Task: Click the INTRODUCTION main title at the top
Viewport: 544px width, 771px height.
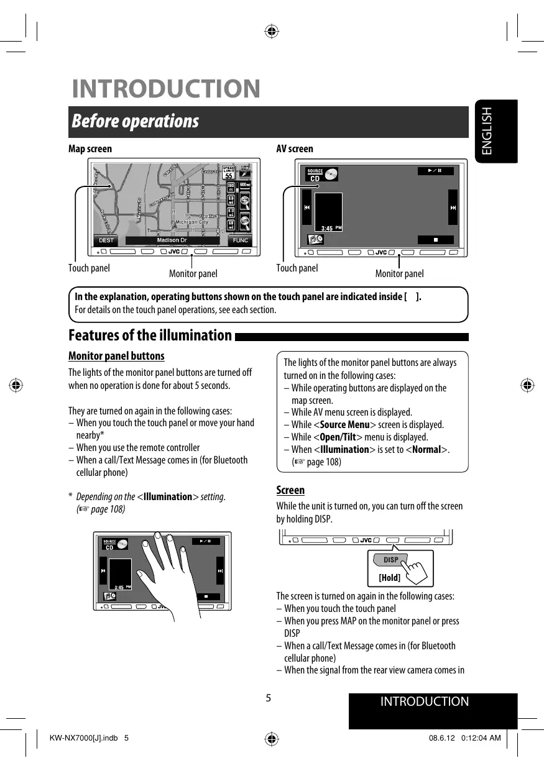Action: coord(166,88)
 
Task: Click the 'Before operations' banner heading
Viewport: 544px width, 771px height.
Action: coord(135,121)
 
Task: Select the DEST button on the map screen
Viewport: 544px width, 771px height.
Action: coord(106,240)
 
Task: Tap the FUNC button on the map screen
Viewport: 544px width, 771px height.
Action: coord(240,240)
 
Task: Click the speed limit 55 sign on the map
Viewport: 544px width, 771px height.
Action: coord(228,173)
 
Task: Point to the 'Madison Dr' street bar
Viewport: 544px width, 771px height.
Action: coord(172,240)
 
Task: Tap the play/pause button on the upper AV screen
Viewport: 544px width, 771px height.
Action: coord(435,171)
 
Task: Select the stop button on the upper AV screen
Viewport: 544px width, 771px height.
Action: coord(435,239)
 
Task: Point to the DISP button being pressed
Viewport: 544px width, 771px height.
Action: coord(390,560)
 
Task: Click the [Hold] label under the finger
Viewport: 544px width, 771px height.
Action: coord(389,578)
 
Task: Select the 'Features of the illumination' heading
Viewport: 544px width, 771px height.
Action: coord(150,336)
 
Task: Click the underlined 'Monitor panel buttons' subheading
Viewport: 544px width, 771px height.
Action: coord(116,357)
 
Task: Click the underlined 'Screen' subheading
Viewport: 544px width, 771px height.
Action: coord(290,490)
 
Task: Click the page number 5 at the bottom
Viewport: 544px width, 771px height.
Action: coord(269,697)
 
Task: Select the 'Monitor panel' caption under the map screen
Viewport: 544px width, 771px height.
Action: coord(193,273)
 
